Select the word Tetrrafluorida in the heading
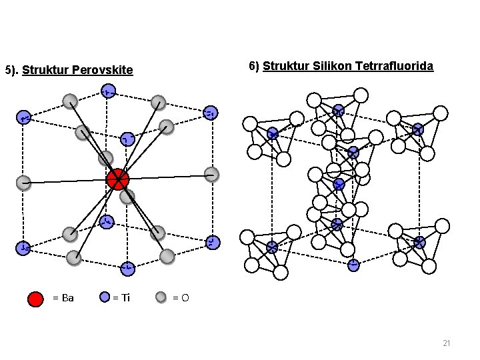(x=395, y=66)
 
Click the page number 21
(x=447, y=343)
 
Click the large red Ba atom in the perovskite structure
(x=117, y=179)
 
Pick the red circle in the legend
(x=36, y=298)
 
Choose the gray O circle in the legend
(x=161, y=297)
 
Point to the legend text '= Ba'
(x=63, y=298)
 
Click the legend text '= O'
(x=181, y=298)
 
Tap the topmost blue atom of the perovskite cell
(x=107, y=91)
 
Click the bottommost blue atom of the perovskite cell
(x=127, y=268)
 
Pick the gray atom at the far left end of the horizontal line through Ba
(x=24, y=180)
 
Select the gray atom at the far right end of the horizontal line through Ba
(x=211, y=175)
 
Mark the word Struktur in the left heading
(x=44, y=70)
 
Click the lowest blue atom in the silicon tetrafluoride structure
(x=353, y=265)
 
